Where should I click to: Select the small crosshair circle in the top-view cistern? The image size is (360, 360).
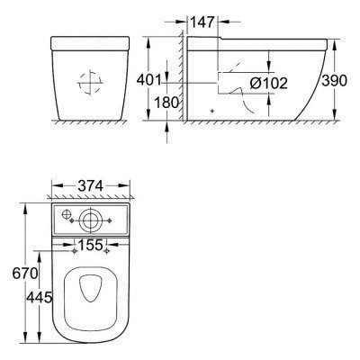66,214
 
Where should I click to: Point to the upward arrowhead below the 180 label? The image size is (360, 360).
167,127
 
